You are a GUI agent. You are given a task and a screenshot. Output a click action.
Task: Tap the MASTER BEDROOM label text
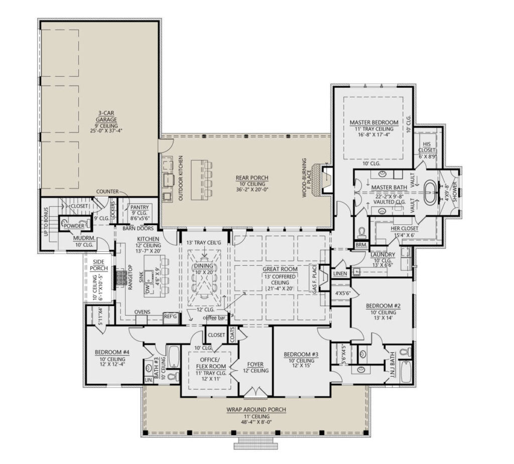click(373, 122)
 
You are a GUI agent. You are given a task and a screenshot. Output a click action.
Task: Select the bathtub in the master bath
click(430, 194)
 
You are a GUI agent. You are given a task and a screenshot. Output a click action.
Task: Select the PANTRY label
click(138, 207)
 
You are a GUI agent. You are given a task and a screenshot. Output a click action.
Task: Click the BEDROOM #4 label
click(112, 353)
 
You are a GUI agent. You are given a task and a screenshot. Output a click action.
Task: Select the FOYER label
click(255, 364)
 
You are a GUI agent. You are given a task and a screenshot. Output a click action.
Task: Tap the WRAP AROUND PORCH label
click(256, 409)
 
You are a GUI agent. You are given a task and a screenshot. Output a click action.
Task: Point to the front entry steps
click(256, 443)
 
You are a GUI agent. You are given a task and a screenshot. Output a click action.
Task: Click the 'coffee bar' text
click(214, 318)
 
